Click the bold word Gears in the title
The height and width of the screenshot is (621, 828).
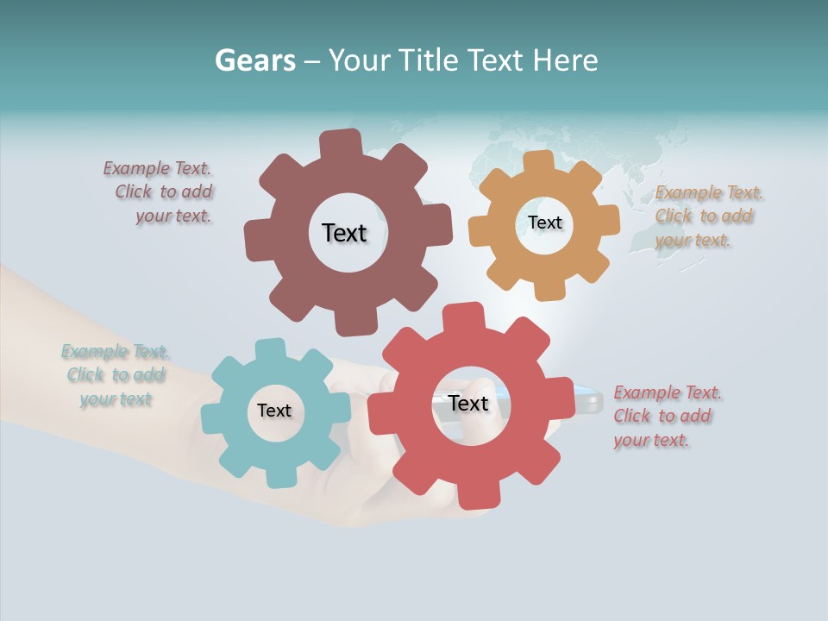(254, 60)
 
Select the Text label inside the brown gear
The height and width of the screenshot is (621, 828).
(344, 233)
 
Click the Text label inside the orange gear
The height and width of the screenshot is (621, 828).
(544, 223)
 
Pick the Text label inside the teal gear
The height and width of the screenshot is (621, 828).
(274, 411)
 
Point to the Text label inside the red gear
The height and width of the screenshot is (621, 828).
(468, 403)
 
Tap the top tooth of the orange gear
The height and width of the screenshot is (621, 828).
(539, 163)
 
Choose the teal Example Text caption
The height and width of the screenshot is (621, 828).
(116, 375)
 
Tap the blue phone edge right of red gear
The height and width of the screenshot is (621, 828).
(589, 399)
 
